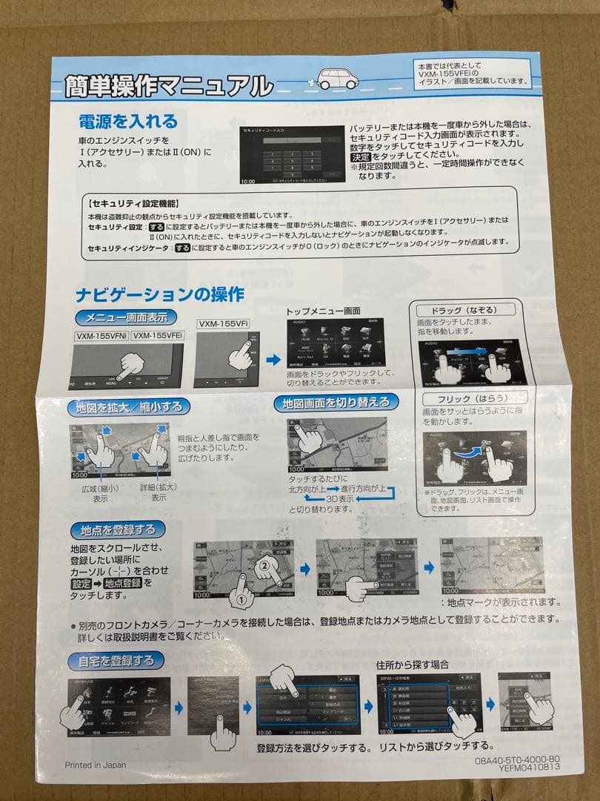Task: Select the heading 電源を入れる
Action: point(129,121)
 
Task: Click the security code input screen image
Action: point(292,154)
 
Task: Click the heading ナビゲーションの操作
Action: point(160,294)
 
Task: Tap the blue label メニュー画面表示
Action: point(127,317)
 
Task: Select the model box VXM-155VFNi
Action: point(101,336)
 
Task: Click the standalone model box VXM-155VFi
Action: point(221,324)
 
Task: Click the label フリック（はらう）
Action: point(463,400)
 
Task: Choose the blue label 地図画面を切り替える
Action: point(336,403)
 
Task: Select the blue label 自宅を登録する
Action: point(116,659)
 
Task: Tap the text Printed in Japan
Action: point(95,765)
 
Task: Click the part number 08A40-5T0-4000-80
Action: point(517,761)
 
